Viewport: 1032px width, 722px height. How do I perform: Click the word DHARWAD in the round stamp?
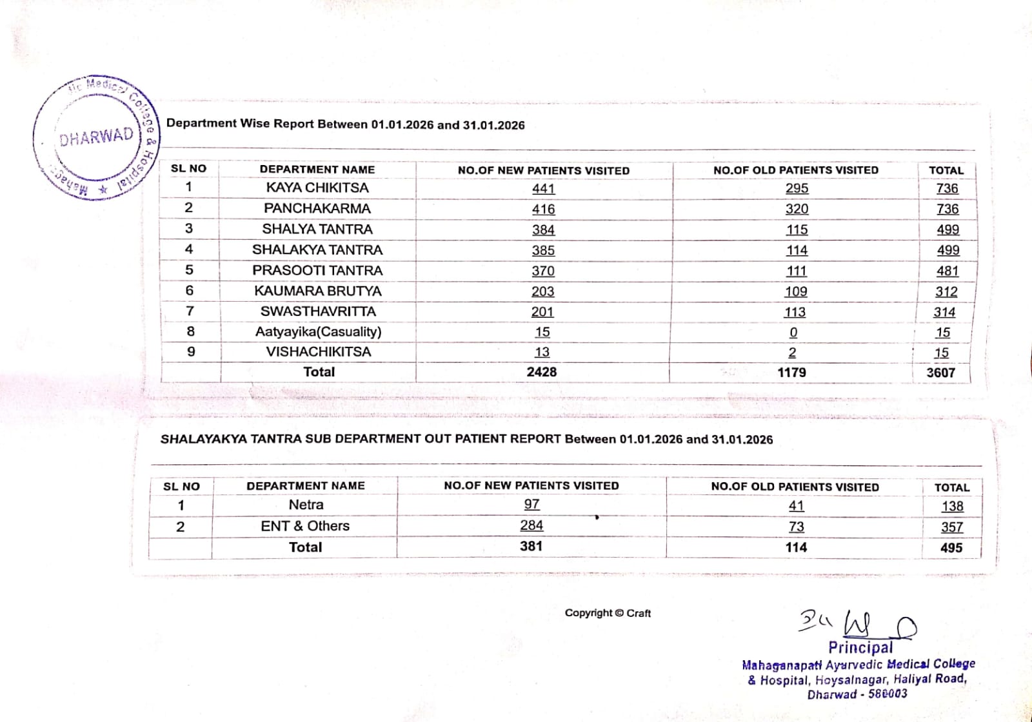96,137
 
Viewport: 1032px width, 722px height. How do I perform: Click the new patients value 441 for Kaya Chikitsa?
543,188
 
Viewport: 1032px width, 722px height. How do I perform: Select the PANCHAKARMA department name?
317,208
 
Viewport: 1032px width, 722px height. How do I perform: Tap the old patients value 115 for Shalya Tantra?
797,229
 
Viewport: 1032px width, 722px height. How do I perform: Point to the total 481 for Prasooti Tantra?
948,271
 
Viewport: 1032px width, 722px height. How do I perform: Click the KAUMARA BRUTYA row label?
318,291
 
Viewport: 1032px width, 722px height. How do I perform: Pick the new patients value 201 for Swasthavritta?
542,311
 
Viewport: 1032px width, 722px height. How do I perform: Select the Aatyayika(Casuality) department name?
318,331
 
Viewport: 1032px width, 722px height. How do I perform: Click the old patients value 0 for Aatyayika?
793,332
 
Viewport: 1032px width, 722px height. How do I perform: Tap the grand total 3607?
941,373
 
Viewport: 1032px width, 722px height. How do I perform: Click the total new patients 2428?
542,372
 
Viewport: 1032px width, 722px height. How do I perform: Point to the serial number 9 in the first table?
191,352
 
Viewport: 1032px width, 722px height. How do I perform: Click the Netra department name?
306,505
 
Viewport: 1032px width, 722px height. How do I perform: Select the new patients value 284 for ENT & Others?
531,525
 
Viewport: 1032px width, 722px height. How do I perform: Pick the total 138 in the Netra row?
952,506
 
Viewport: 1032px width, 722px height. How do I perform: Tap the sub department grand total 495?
951,548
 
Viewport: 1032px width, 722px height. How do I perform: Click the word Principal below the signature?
860,647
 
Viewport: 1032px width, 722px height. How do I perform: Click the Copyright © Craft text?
608,613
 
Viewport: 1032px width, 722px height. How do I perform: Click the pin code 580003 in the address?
888,694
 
